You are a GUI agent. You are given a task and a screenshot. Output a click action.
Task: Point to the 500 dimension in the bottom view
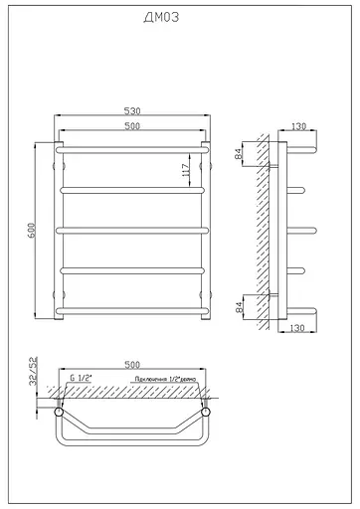click(x=133, y=365)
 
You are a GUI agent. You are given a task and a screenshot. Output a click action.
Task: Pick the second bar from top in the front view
click(x=133, y=189)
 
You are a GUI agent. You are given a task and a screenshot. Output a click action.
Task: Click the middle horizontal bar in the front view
click(x=133, y=230)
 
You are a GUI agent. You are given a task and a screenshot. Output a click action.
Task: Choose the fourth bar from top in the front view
click(x=133, y=270)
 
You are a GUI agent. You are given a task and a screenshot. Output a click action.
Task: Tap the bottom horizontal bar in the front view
click(x=133, y=311)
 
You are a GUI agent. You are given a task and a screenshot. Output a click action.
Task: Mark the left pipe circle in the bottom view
click(x=60, y=409)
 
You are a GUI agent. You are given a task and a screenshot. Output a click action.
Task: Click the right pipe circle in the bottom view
click(x=207, y=409)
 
